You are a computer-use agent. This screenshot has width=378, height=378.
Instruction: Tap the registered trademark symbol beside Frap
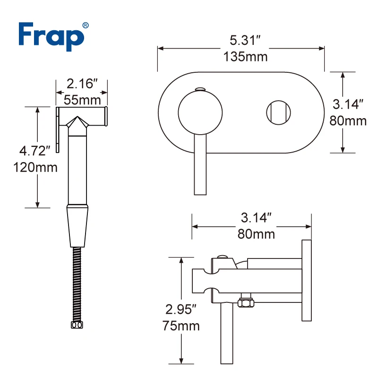86,26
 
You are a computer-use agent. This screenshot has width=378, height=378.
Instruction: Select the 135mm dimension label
245,57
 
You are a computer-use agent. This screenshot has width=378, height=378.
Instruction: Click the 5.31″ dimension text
245,40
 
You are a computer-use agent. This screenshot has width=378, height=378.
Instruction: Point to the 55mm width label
82,100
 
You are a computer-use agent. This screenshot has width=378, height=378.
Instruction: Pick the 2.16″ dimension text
82,84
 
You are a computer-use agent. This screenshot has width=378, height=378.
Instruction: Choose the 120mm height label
35,167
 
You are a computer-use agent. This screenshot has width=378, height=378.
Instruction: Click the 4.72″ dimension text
34,151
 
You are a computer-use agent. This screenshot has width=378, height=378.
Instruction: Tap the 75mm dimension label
181,326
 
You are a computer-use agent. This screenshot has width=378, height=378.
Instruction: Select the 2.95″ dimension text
181,309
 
